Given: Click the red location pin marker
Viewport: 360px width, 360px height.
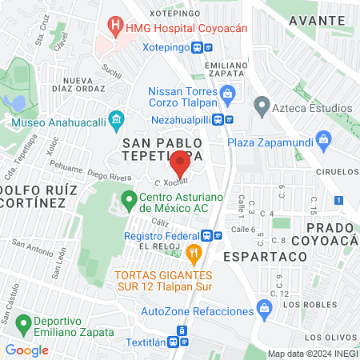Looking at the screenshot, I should [180, 166].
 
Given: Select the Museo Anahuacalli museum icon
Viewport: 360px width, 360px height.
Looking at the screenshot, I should [117, 121].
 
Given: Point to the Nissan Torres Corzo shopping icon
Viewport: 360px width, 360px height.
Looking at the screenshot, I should [228, 94].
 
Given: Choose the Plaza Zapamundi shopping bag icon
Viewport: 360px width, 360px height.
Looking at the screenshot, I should [324, 142].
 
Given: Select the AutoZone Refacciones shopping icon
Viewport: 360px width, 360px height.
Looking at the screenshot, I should [264, 310].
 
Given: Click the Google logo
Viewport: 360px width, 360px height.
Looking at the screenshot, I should [26, 350].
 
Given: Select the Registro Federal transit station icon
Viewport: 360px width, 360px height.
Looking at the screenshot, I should [211, 235].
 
